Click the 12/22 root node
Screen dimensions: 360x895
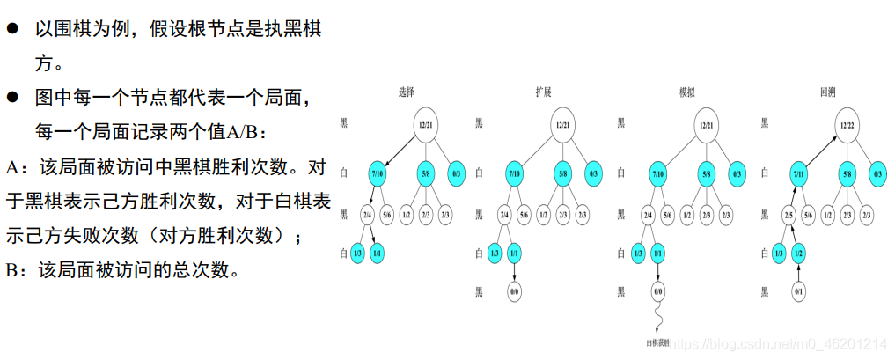(847, 125)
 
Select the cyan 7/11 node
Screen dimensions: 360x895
(799, 173)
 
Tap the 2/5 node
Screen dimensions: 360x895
(788, 215)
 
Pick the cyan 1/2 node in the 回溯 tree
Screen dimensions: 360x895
(799, 253)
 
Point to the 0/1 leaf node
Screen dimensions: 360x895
(799, 290)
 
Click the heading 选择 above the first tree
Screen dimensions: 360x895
(406, 92)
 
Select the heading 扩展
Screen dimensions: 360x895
(544, 92)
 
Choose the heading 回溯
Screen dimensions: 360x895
(827, 92)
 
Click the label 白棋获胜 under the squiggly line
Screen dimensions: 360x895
(658, 342)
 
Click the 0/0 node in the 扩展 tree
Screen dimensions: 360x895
(516, 290)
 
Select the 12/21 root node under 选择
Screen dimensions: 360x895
(426, 125)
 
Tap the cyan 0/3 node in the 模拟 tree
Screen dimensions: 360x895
(737, 173)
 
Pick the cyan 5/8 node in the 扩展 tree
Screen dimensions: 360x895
(564, 173)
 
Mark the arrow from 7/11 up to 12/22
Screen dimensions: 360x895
(824, 149)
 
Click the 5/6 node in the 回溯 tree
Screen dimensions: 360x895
(808, 215)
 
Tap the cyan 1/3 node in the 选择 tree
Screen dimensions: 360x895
(356, 253)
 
